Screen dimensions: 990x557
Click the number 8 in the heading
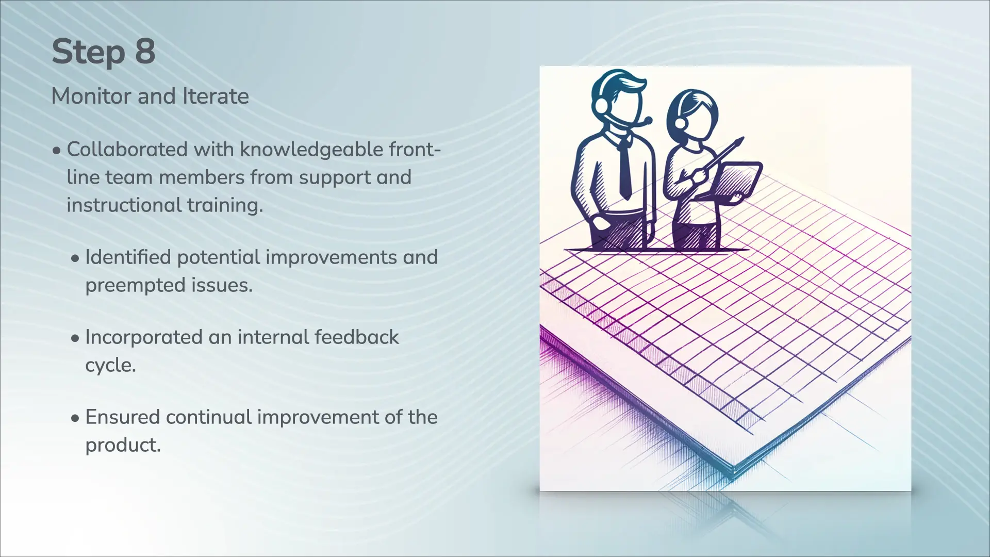tap(145, 52)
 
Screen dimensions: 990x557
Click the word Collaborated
tap(127, 150)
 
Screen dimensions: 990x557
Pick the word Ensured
tap(123, 417)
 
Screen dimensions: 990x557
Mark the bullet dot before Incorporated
tap(75, 339)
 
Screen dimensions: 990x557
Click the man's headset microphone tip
tap(647, 121)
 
